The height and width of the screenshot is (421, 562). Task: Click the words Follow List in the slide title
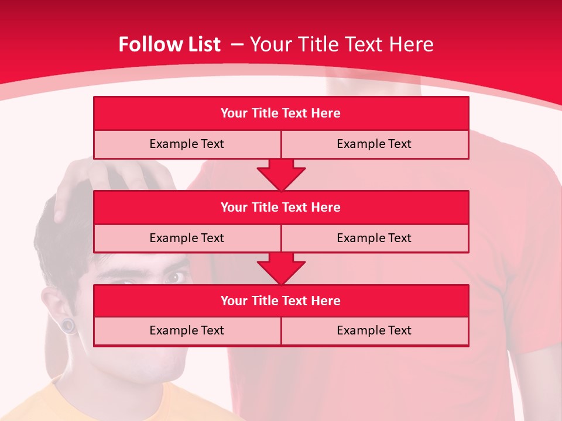[x=169, y=44]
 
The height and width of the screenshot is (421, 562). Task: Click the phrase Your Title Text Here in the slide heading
[x=341, y=44]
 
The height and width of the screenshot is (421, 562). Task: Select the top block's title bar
[x=281, y=113]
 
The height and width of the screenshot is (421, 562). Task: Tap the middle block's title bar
[x=281, y=207]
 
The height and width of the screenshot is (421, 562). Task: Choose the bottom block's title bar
[x=281, y=301]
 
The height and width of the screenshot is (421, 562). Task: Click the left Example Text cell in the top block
[x=187, y=144]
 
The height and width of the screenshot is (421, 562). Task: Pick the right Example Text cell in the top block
[x=375, y=144]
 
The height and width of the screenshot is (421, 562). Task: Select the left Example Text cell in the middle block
[x=187, y=238]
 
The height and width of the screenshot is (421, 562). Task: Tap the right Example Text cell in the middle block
[x=375, y=238]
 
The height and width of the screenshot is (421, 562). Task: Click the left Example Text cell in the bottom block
[x=187, y=330]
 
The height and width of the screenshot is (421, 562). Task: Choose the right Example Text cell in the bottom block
[x=375, y=330]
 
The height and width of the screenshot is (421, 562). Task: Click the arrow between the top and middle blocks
[x=281, y=174]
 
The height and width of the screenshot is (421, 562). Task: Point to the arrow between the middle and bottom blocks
[x=281, y=268]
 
